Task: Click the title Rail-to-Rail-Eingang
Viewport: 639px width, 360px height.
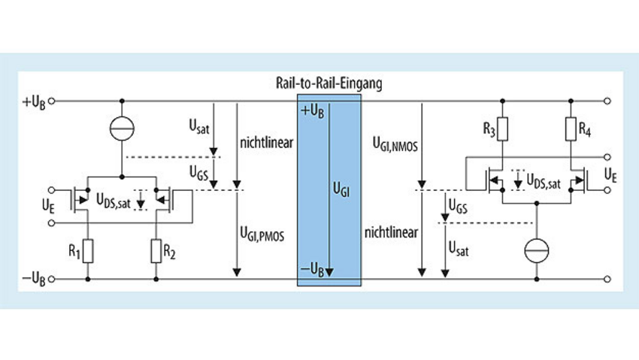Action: click(x=329, y=84)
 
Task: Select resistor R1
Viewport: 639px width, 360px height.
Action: click(x=89, y=250)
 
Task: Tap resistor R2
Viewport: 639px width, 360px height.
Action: click(x=155, y=250)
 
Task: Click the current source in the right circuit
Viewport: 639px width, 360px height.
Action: click(x=538, y=249)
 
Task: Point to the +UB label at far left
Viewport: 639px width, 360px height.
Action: click(x=34, y=101)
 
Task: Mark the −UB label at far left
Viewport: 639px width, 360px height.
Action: click(x=34, y=280)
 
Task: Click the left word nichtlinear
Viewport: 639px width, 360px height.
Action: click(x=264, y=141)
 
